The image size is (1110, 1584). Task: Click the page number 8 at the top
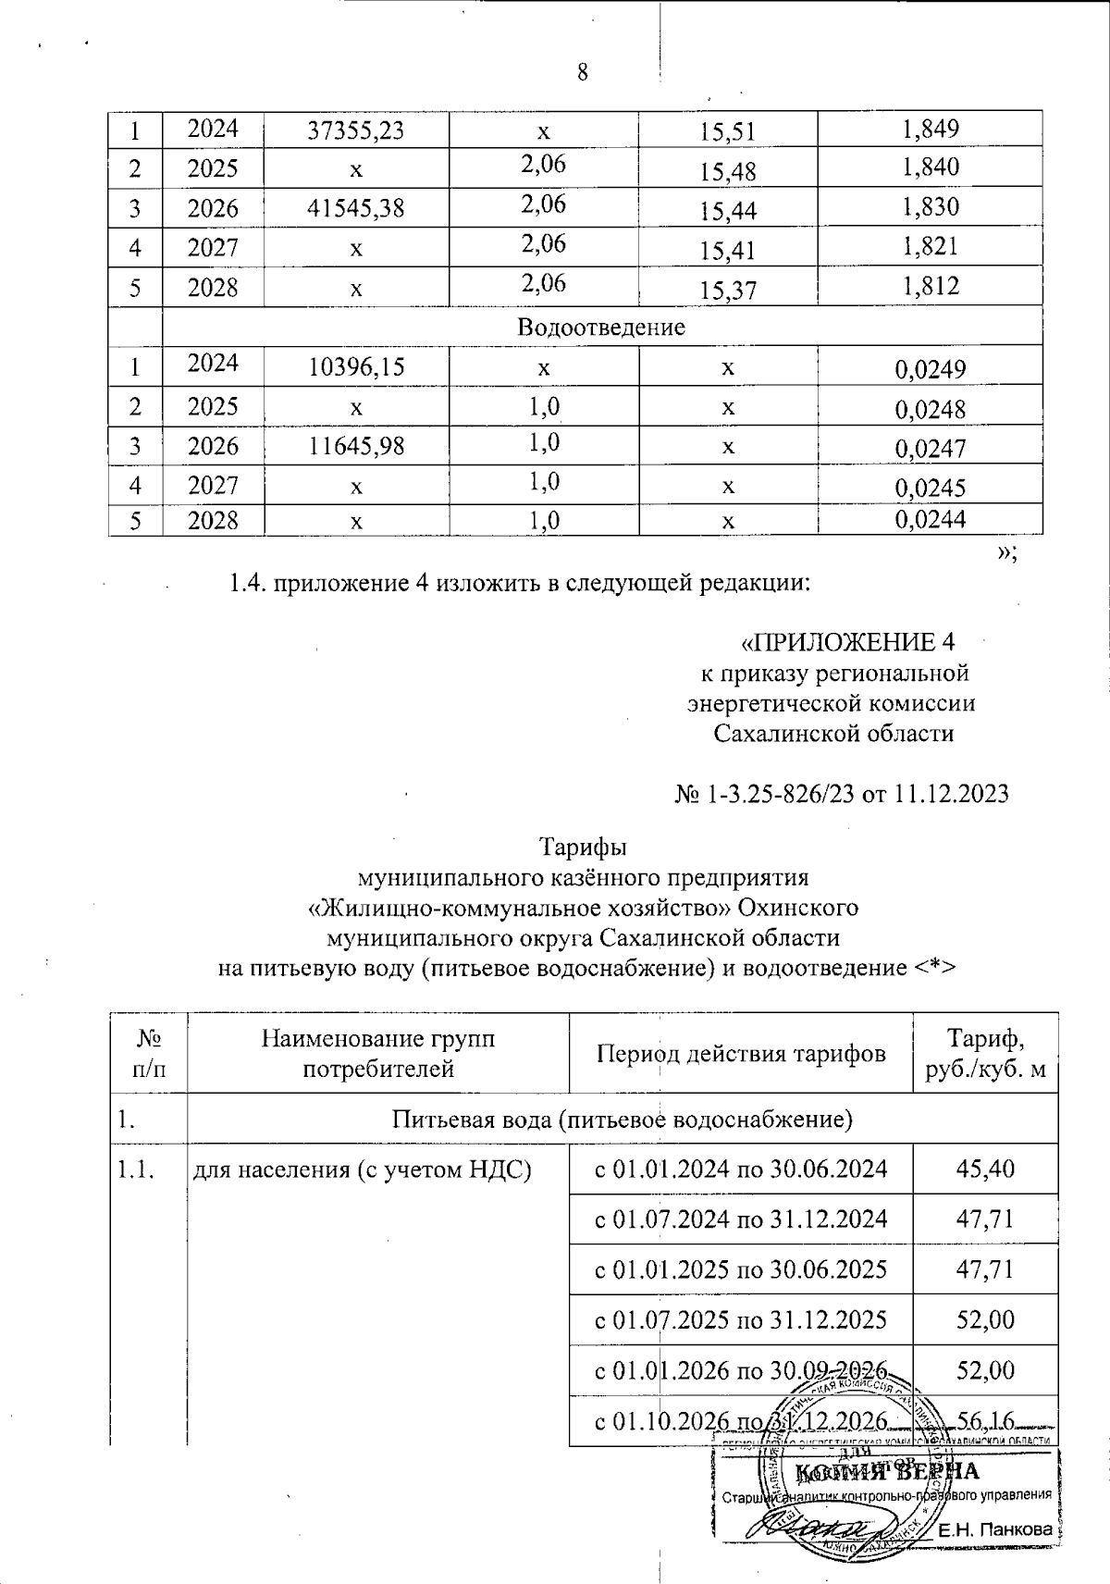(583, 72)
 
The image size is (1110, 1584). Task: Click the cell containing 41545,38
(356, 208)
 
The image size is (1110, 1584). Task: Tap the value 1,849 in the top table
(930, 129)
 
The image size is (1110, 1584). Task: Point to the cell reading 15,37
(728, 291)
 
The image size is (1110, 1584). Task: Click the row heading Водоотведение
(601, 327)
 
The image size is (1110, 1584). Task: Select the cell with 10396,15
(356, 368)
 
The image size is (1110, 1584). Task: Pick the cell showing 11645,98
(356, 447)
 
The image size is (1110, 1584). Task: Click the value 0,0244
(930, 520)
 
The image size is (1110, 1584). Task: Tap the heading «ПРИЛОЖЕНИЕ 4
(848, 642)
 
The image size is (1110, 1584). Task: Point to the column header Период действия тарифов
(740, 1053)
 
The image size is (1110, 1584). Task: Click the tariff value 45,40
(985, 1169)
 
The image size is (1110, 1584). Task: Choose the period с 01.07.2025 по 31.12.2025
(740, 1319)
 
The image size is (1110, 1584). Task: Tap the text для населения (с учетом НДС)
(362, 1169)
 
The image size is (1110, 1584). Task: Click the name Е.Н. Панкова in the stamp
(995, 1529)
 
